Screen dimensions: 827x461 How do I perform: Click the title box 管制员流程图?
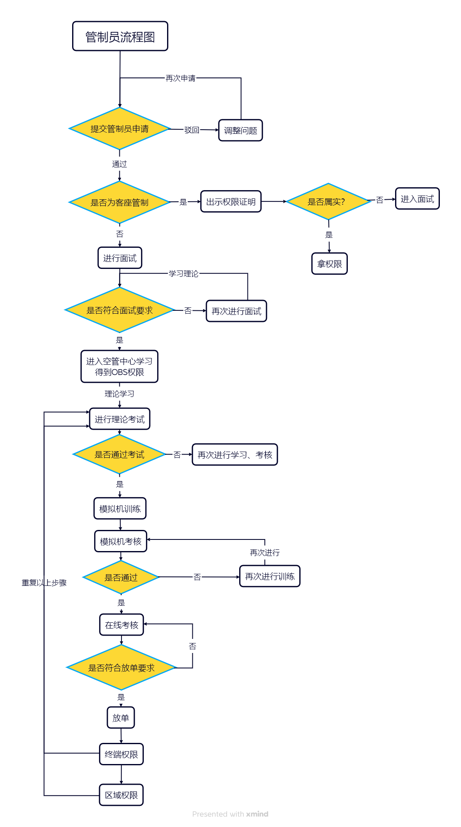tap(120, 36)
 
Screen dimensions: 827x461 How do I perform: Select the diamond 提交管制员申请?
tap(119, 129)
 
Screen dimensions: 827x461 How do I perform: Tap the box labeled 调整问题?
tap(240, 131)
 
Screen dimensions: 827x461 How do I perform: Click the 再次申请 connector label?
tap(180, 78)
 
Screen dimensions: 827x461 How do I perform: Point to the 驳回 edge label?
tap(192, 130)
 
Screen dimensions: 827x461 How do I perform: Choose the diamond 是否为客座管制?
tap(119, 202)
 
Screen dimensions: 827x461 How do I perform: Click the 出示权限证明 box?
tap(231, 202)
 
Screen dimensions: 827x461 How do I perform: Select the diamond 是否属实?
tap(328, 202)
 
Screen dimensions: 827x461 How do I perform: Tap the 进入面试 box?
tap(417, 199)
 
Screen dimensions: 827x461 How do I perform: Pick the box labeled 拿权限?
tap(330, 264)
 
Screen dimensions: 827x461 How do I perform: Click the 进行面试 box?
tap(120, 258)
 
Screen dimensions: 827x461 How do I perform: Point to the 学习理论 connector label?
tap(183, 274)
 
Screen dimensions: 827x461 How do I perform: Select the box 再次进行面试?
tap(236, 311)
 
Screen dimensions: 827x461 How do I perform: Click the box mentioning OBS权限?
tap(119, 367)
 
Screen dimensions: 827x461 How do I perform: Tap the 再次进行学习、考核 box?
tap(235, 455)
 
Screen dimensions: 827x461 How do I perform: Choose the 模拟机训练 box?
tap(120, 509)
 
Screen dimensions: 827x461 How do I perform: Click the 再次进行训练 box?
tap(270, 576)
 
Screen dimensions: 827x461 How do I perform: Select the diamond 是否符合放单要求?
tap(121, 667)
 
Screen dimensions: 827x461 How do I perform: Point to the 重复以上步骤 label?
tap(44, 583)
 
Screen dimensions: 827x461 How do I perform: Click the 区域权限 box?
tap(121, 795)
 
